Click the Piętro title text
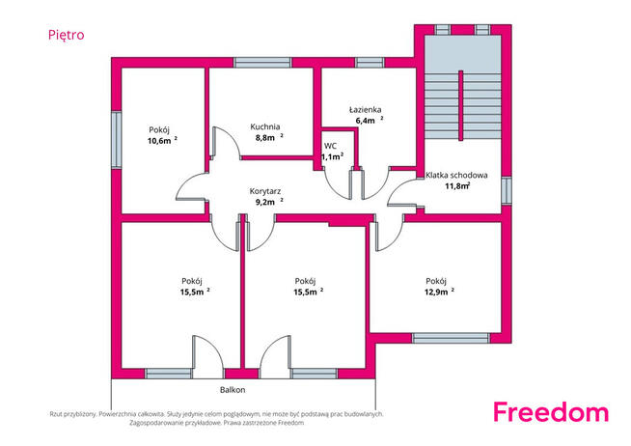coord(66,35)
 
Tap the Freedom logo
coord(551,412)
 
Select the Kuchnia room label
coord(264,126)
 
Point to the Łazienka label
coord(365,109)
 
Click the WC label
coord(330,146)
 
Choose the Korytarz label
coord(264,191)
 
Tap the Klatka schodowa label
coord(456,175)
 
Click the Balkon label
coord(233,390)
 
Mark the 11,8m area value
coord(457,186)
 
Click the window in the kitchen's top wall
coord(262,63)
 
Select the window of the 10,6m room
coord(117,140)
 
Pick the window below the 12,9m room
coord(451,338)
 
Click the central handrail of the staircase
coord(461,105)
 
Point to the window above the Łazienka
coord(370,63)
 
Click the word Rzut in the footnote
coord(56,414)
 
